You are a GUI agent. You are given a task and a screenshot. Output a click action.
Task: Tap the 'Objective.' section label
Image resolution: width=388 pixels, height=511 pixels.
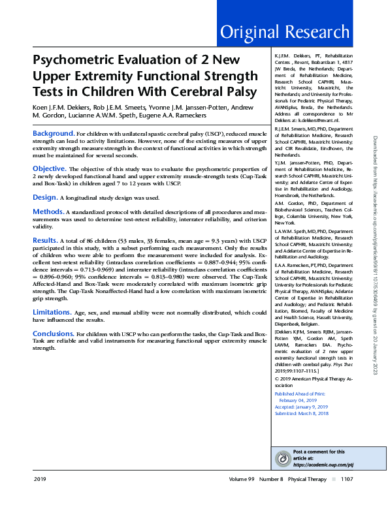pyautogui.click(x=50, y=168)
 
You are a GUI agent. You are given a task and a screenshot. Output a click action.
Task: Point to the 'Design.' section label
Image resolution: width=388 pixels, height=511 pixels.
pyautogui.click(x=45, y=196)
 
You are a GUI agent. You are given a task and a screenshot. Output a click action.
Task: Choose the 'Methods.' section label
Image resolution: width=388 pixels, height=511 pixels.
pyautogui.click(x=48, y=212)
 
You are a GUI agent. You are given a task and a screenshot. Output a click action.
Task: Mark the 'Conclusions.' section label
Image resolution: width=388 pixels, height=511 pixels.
pyautogui.click(x=54, y=333)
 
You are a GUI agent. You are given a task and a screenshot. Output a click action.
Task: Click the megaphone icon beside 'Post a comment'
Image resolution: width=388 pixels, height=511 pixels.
pyautogui.click(x=282, y=458)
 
